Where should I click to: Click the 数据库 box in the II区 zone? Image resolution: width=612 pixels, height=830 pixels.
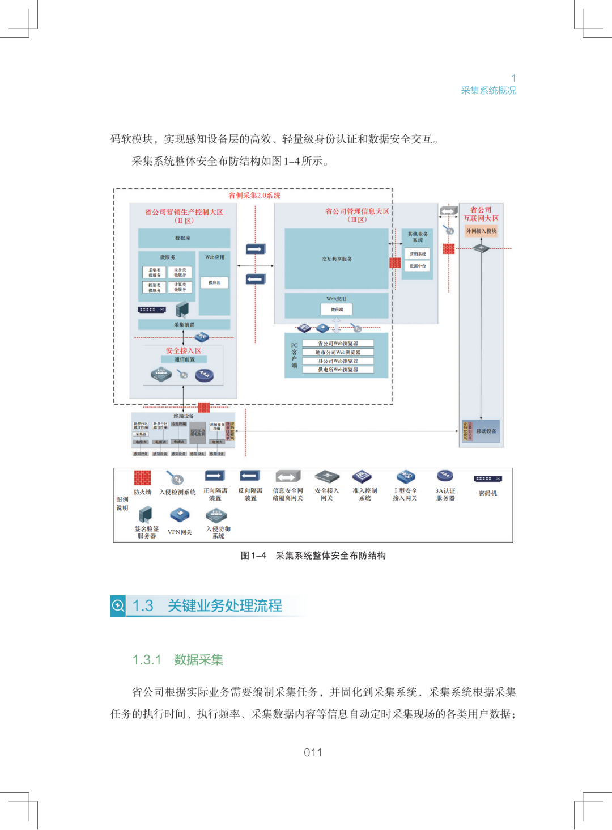pos(184,238)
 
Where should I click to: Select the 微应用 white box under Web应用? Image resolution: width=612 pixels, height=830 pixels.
pos(214,282)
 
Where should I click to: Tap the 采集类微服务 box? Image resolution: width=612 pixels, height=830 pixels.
pos(154,273)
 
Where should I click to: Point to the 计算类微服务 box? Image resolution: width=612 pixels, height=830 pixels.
pos(180,287)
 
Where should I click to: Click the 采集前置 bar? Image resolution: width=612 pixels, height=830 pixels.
pos(184,325)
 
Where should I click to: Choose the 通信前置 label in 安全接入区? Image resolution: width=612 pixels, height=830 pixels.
pos(184,359)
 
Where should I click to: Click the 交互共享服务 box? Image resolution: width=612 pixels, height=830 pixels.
pos(337,259)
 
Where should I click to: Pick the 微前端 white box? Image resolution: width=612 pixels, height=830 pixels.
pos(337,310)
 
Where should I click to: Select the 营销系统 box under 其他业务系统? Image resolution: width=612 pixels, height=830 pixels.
pos(418,254)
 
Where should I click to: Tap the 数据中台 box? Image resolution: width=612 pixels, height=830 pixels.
pos(418,266)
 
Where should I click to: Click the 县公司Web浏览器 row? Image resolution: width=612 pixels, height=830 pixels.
pos(338,361)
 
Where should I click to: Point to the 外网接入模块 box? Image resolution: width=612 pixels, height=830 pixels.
pos(481,231)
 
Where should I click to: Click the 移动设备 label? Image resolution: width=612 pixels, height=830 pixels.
pos(486,431)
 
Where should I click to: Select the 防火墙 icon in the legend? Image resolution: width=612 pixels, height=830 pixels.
pos(142,478)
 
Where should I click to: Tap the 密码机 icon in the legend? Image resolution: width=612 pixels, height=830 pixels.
pos(487,479)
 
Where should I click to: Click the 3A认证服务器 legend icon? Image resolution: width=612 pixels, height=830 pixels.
pos(445,476)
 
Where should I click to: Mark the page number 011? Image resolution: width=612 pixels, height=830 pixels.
pos(313,752)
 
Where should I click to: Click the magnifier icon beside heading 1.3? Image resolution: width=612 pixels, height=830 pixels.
pos(118,605)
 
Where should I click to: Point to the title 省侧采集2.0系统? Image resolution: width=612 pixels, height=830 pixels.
pos(254,196)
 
